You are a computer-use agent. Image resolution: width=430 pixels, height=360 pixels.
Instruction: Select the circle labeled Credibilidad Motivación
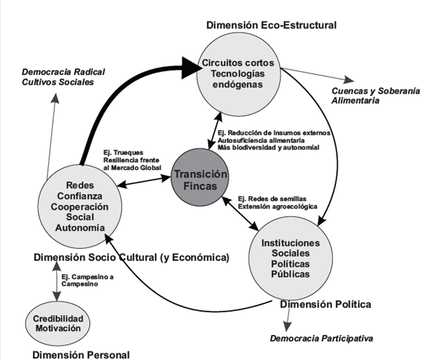(x=58, y=323)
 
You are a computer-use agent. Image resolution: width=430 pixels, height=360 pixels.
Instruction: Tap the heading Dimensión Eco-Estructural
(x=271, y=25)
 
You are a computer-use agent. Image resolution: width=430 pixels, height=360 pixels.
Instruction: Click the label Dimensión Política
(x=325, y=304)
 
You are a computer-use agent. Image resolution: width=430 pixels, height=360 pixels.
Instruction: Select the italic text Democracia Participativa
(x=322, y=338)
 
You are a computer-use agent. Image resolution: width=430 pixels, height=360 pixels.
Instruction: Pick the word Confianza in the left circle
(x=81, y=196)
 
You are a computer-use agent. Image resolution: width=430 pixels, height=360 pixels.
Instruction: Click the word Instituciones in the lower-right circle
(x=290, y=243)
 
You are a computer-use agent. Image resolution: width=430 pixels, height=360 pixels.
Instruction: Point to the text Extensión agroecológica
(x=271, y=205)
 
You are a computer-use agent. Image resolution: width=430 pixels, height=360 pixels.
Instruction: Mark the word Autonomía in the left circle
(x=81, y=227)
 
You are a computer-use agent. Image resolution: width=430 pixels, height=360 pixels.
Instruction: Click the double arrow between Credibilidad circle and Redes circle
(x=57, y=280)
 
